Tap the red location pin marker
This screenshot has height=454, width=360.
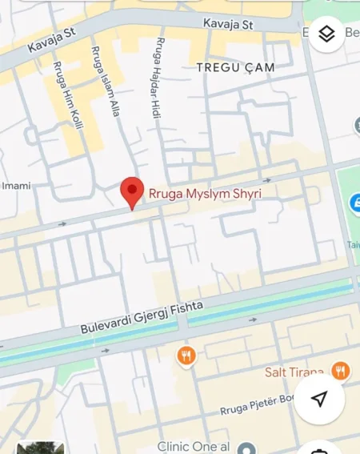[132, 192]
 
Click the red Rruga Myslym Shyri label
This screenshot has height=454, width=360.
[203, 193]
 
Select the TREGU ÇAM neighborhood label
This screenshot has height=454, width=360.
[235, 68]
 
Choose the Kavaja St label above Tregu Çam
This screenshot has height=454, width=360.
[227, 25]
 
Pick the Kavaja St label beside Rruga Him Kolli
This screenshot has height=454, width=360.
[50, 42]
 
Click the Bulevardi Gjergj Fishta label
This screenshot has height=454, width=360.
[142, 318]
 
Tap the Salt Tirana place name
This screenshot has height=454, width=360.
[294, 372]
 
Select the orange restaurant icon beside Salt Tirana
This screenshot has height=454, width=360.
[341, 371]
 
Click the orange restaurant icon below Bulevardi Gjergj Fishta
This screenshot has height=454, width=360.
[186, 355]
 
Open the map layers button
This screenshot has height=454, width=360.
[326, 34]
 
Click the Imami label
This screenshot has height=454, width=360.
[16, 186]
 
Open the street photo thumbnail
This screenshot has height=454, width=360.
[40, 448]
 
